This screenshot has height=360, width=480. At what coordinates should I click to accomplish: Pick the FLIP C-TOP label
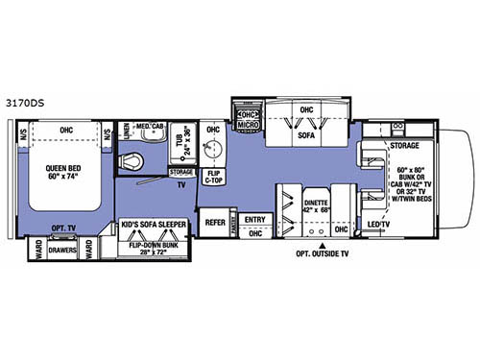coord(213,176)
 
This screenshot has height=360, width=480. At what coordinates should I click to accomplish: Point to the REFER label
coord(215,222)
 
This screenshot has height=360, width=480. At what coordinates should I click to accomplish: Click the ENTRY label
coord(254,220)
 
